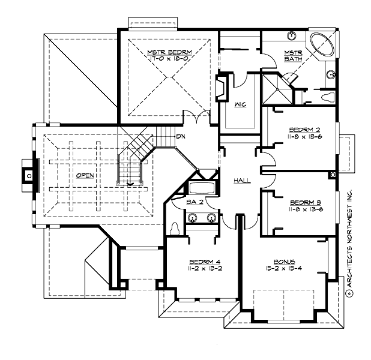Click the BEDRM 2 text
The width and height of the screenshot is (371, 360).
(x=300, y=129)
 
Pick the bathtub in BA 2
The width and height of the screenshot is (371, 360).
(x=202, y=189)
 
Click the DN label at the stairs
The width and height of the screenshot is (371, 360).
(x=179, y=136)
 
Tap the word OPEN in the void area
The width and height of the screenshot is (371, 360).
(x=85, y=176)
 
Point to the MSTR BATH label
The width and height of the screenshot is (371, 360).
(x=294, y=56)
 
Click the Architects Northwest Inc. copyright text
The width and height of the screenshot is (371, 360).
(x=348, y=240)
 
